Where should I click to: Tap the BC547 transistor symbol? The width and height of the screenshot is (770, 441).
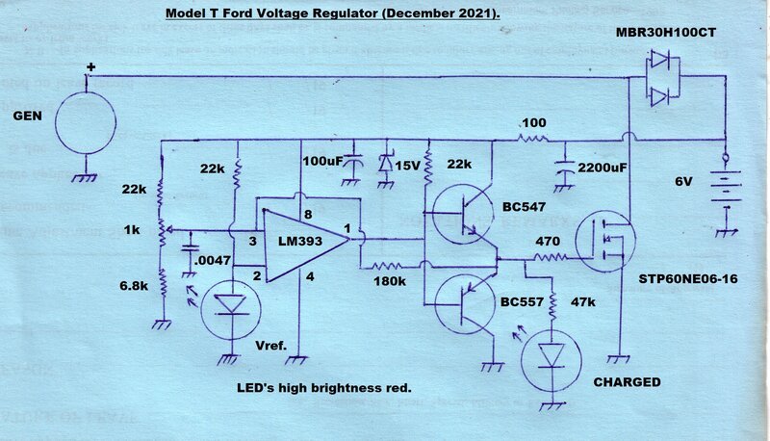pyautogui.click(x=466, y=219)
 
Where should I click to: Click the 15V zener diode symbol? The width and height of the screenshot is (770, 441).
pyautogui.click(x=387, y=164)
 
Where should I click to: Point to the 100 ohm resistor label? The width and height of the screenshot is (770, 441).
pyautogui.click(x=532, y=124)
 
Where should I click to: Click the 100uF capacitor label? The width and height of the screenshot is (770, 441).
pyautogui.click(x=323, y=160)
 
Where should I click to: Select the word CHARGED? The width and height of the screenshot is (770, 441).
pyautogui.click(x=627, y=382)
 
